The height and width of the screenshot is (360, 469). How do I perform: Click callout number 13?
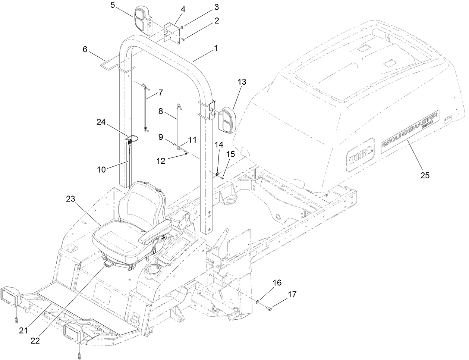[x=242, y=82]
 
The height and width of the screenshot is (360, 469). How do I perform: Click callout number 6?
[x=85, y=50]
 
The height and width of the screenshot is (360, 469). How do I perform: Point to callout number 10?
[x=102, y=169]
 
